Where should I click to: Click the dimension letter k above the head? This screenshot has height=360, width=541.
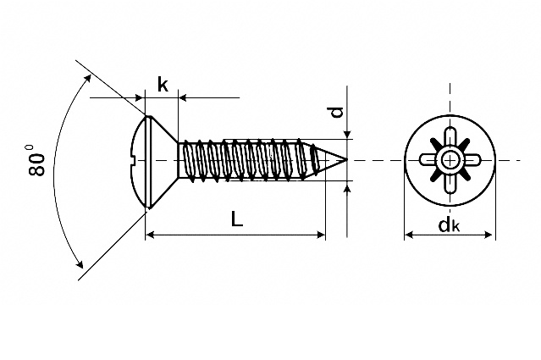(x=162, y=85)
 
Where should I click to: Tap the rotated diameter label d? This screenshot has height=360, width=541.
(x=337, y=111)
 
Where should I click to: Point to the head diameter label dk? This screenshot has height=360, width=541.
(x=449, y=224)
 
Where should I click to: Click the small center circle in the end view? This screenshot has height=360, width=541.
(x=450, y=159)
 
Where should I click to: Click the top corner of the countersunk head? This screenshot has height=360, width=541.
(x=147, y=116)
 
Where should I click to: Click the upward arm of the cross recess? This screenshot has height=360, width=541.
(x=450, y=137)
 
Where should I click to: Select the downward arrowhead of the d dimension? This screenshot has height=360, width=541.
(x=347, y=134)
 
